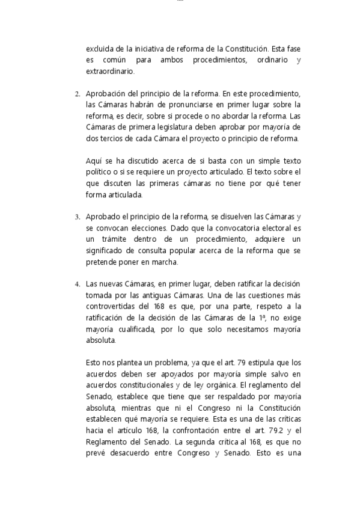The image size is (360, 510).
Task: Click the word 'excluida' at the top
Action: pyautogui.click(x=100, y=49)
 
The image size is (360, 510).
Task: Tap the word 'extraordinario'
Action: pyautogui.click(x=110, y=72)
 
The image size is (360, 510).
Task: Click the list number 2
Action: pyautogui.click(x=77, y=94)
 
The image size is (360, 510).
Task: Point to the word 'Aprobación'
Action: pyautogui.click(x=106, y=94)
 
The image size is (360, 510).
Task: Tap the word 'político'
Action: pyautogui.click(x=99, y=172)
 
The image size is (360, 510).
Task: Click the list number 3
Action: pyautogui.click(x=77, y=217)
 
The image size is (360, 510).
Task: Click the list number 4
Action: pyautogui.click(x=77, y=284)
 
